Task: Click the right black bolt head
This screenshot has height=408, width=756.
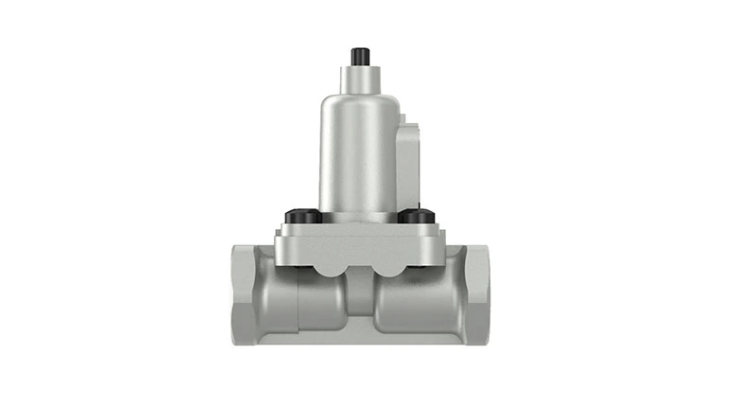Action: click(413, 217)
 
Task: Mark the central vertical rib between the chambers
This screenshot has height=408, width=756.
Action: click(358, 298)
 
